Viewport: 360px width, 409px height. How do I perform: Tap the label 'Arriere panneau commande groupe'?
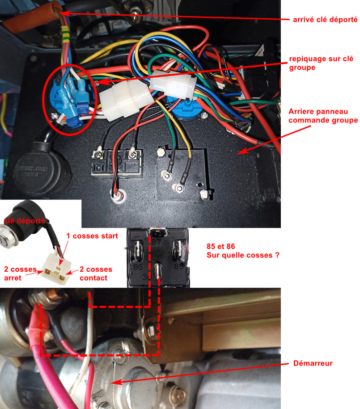(323, 116)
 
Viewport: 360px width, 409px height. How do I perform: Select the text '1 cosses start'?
(92, 236)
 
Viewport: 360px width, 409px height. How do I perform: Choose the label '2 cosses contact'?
(96, 274)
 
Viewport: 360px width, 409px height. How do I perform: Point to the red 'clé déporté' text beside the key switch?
(24, 220)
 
